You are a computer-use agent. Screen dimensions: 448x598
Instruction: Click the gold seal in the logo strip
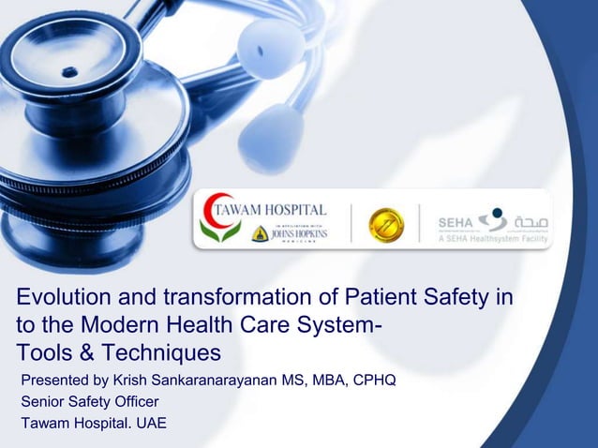pyautogui.click(x=385, y=225)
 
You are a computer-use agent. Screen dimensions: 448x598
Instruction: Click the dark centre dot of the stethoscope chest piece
pyautogui.click(x=68, y=71)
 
